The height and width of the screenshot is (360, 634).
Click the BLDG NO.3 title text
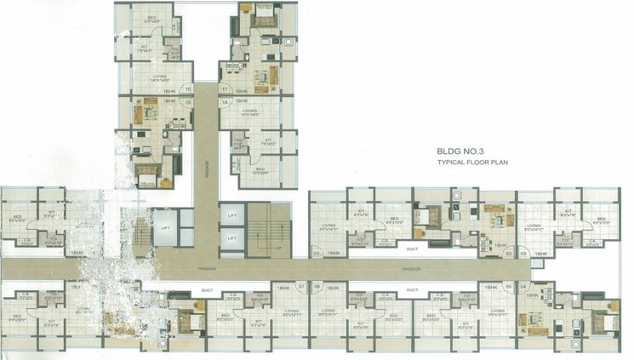point(460,151)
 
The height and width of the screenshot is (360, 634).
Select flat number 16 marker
point(187,89)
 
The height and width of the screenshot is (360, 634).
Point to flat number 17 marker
point(226,89)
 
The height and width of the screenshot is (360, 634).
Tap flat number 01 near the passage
point(317,254)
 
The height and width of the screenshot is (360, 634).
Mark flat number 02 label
point(508,254)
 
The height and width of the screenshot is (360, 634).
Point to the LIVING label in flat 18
point(249,111)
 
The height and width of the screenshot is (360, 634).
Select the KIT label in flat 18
point(267,140)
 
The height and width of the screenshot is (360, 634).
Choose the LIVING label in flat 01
point(327,226)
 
